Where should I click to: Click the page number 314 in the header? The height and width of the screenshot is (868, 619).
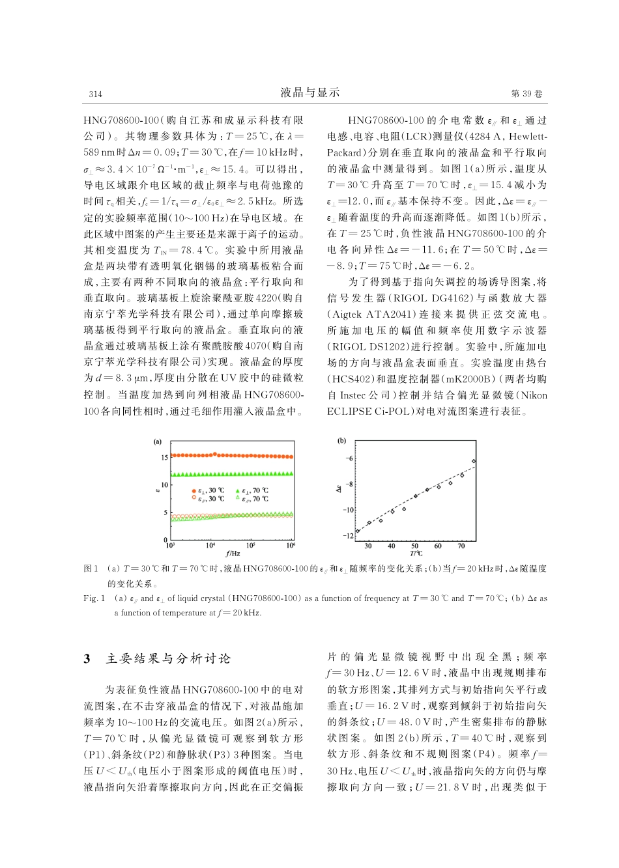[95, 94]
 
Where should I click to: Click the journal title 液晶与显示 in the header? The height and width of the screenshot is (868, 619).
[310, 93]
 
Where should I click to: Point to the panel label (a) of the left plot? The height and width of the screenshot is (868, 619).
[157, 441]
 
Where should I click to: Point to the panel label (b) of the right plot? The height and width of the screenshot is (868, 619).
[341, 441]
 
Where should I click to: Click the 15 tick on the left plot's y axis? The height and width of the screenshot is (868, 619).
[164, 457]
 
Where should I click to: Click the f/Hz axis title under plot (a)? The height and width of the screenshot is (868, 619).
[233, 553]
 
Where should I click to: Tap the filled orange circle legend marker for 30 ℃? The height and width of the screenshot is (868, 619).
[194, 490]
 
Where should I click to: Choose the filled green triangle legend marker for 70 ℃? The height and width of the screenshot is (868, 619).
[237, 490]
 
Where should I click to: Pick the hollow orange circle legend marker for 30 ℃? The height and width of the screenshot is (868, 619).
[194, 499]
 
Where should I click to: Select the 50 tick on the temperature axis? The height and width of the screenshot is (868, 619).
[415, 546]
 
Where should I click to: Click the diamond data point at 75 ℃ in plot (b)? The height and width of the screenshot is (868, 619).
[474, 461]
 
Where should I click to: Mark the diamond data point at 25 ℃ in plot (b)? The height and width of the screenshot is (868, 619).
[358, 531]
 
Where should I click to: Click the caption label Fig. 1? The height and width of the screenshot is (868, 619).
[94, 598]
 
